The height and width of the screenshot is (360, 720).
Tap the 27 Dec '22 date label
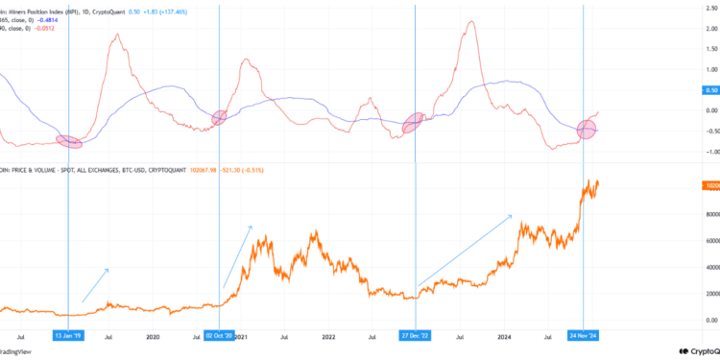point(415,337)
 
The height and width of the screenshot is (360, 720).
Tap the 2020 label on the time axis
point(153,337)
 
